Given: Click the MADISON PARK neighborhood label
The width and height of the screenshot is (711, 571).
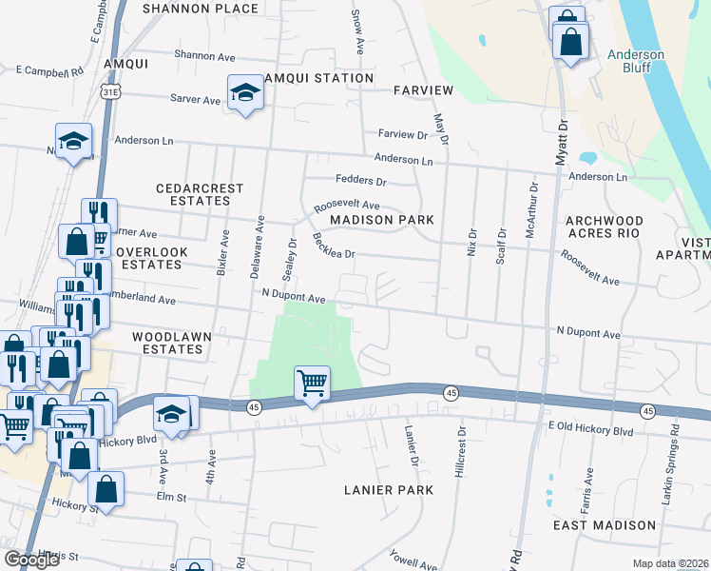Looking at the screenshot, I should point(381,220).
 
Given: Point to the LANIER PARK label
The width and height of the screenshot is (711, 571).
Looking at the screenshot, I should point(389,490).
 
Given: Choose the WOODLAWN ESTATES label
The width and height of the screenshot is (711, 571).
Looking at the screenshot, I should point(167,343).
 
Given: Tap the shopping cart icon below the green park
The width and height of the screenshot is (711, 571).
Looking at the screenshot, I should point(312,384).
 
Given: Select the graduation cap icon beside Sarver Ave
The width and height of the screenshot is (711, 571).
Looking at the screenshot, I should point(245,93).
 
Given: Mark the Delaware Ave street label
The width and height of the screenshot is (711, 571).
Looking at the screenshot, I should point(257,245).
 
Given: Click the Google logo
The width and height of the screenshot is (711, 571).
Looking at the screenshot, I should point(31,560).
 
